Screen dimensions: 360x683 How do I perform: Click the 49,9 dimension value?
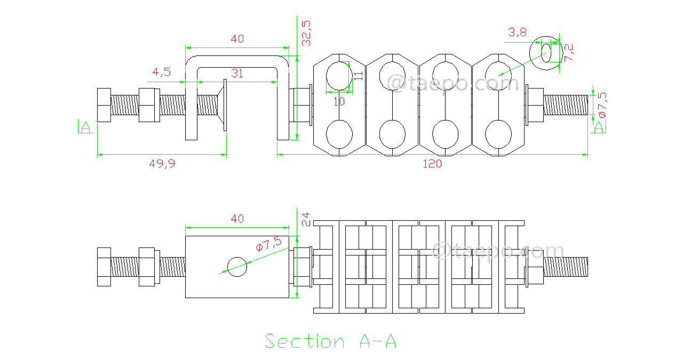click(x=162, y=164)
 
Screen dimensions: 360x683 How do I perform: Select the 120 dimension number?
click(x=432, y=164)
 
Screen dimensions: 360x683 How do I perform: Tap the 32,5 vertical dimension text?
click(x=306, y=33)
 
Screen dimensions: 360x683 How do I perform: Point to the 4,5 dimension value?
click(x=161, y=72)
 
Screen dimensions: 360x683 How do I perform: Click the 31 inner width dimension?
click(x=237, y=74)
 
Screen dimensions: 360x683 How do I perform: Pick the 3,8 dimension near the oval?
click(x=517, y=33)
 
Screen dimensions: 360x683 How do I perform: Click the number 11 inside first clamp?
click(x=358, y=75)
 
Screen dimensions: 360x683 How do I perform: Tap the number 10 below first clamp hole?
click(x=339, y=101)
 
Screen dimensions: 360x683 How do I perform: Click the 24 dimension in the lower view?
click(x=306, y=220)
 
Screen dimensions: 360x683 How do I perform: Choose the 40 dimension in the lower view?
click(x=237, y=219)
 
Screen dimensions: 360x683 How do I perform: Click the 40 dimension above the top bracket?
click(x=237, y=39)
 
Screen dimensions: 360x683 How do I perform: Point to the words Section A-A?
click(x=330, y=341)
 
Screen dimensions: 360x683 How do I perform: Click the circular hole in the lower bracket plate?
click(x=237, y=266)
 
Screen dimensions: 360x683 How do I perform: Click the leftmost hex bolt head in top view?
click(x=104, y=105)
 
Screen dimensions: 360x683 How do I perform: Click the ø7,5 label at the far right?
click(x=601, y=105)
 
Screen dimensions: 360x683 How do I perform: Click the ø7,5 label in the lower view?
click(x=268, y=244)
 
